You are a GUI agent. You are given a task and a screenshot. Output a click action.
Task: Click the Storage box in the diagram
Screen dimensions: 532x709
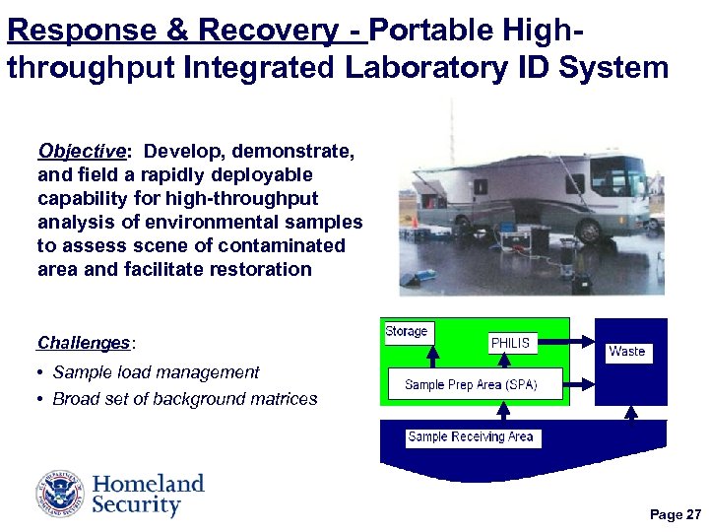click(x=407, y=332)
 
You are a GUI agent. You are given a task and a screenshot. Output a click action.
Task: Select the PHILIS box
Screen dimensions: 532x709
click(x=510, y=344)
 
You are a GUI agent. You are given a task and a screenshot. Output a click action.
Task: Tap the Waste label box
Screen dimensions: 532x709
click(x=627, y=352)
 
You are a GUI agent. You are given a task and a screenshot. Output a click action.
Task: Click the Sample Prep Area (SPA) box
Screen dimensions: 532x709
click(x=470, y=384)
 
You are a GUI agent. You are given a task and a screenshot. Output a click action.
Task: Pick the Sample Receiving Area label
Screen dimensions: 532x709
click(x=471, y=437)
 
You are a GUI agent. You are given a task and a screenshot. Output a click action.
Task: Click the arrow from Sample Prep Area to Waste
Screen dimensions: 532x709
click(x=578, y=384)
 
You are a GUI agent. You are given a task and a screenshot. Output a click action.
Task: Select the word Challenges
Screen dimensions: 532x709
click(x=83, y=343)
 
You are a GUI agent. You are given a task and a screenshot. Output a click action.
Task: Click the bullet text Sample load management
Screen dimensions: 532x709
click(x=156, y=372)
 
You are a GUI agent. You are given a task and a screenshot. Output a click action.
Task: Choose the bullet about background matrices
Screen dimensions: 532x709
click(x=185, y=399)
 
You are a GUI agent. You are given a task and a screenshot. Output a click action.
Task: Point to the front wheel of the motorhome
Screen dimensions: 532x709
click(x=590, y=233)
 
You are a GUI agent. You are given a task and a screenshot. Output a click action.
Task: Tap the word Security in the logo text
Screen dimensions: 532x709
click(x=136, y=506)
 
